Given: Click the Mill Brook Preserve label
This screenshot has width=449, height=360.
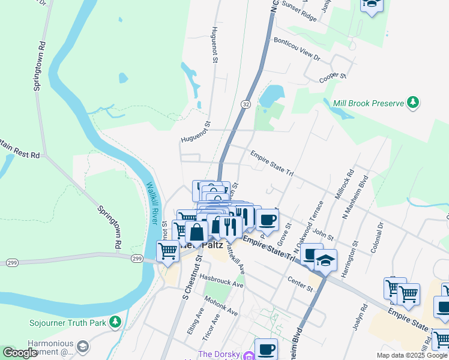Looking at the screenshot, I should tap(368, 103).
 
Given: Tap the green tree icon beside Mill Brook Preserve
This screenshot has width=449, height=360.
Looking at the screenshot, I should tap(413, 103).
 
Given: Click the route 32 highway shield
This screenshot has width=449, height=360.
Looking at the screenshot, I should tap(246, 104).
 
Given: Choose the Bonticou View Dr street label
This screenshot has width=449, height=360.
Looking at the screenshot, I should tap(297, 49).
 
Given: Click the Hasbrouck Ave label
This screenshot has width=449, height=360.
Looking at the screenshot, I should tap(221, 281).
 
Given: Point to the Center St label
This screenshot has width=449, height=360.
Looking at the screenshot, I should tap(300, 284).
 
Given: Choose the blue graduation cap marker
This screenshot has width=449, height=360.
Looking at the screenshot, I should tap(325, 261).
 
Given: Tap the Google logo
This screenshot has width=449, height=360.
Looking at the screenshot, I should tap(20, 353).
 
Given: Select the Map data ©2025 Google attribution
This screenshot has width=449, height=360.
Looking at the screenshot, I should tap(412, 355).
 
